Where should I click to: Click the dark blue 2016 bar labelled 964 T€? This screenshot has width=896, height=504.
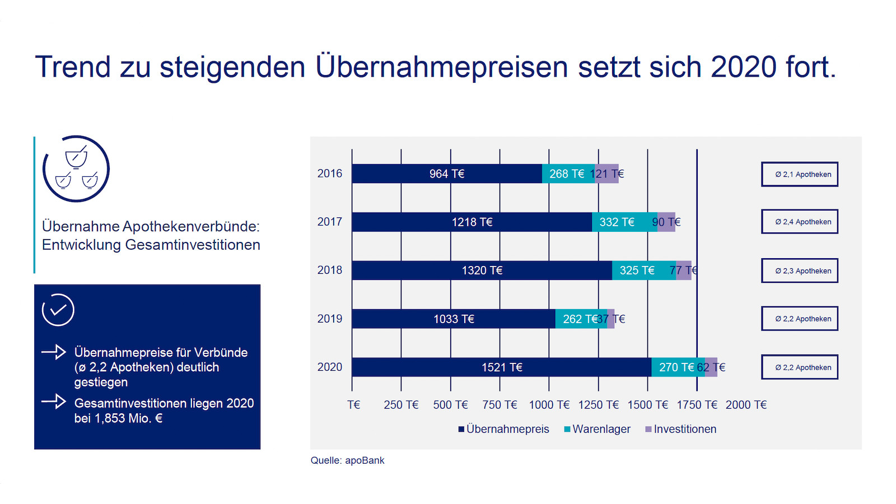click(x=447, y=174)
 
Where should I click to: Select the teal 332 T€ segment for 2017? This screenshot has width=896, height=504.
click(x=624, y=222)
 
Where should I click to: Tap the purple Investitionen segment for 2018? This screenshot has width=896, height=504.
click(x=684, y=270)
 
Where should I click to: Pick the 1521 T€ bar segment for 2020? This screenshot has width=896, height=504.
click(x=502, y=367)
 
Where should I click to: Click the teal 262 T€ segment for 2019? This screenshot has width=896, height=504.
click(x=581, y=319)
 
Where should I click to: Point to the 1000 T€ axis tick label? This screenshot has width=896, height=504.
click(x=549, y=405)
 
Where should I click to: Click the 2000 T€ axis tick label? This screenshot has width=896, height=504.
click(x=746, y=405)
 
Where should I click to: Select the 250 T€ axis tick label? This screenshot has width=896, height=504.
click(x=401, y=405)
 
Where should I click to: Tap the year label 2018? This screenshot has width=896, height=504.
click(x=330, y=270)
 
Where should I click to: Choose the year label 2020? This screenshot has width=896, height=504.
click(x=330, y=367)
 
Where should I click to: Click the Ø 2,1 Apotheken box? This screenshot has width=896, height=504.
click(x=800, y=174)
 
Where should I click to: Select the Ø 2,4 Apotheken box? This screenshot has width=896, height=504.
click(x=800, y=222)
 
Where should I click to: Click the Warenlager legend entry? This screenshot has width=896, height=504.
click(x=597, y=429)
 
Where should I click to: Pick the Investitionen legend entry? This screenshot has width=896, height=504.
click(x=681, y=429)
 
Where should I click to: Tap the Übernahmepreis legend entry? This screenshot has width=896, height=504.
click(x=504, y=429)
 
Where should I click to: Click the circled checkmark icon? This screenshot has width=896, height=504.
click(x=58, y=310)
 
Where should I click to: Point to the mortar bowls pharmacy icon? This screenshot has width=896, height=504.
click(x=76, y=169)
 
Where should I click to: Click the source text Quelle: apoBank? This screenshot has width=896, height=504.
click(x=347, y=460)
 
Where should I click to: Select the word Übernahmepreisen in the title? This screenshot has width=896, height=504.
click(x=442, y=67)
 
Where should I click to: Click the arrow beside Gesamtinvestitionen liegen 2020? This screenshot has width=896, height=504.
click(x=54, y=402)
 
